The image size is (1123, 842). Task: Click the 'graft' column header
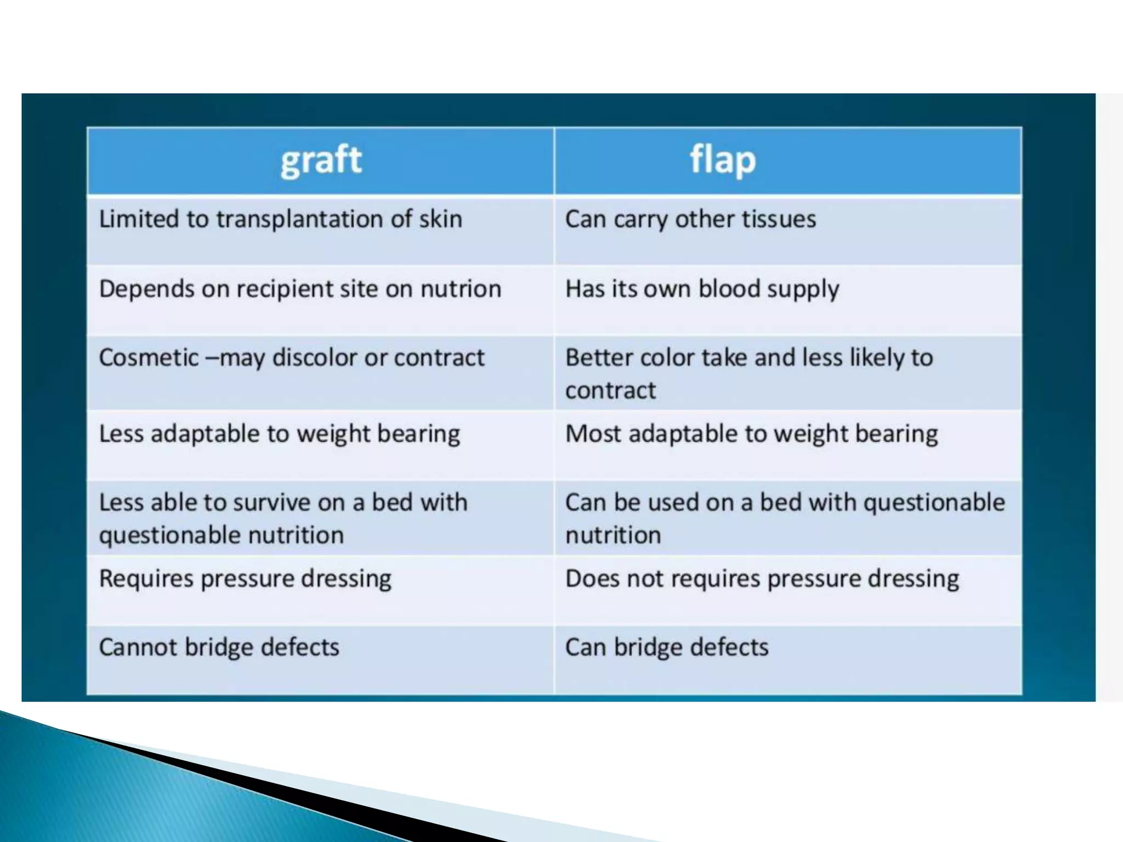coord(321,161)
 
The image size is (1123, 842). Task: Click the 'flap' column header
coord(723,161)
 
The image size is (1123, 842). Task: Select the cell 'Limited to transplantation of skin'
coord(281,219)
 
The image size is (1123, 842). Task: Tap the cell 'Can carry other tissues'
coord(690,219)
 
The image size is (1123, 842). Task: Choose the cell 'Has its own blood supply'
coord(702,289)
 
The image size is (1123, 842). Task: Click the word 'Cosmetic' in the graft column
coord(149,358)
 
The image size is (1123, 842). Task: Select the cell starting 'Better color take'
coord(749,373)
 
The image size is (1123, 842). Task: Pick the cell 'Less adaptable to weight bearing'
coord(280,434)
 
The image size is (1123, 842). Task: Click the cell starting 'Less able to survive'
coord(283,518)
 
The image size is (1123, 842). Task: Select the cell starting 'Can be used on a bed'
coord(785,518)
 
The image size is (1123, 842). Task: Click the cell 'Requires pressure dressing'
coord(245,579)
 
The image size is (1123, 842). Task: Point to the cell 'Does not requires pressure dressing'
coord(762,579)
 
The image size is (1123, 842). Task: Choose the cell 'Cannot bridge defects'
coord(219,647)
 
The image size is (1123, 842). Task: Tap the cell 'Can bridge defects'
coord(667,647)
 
